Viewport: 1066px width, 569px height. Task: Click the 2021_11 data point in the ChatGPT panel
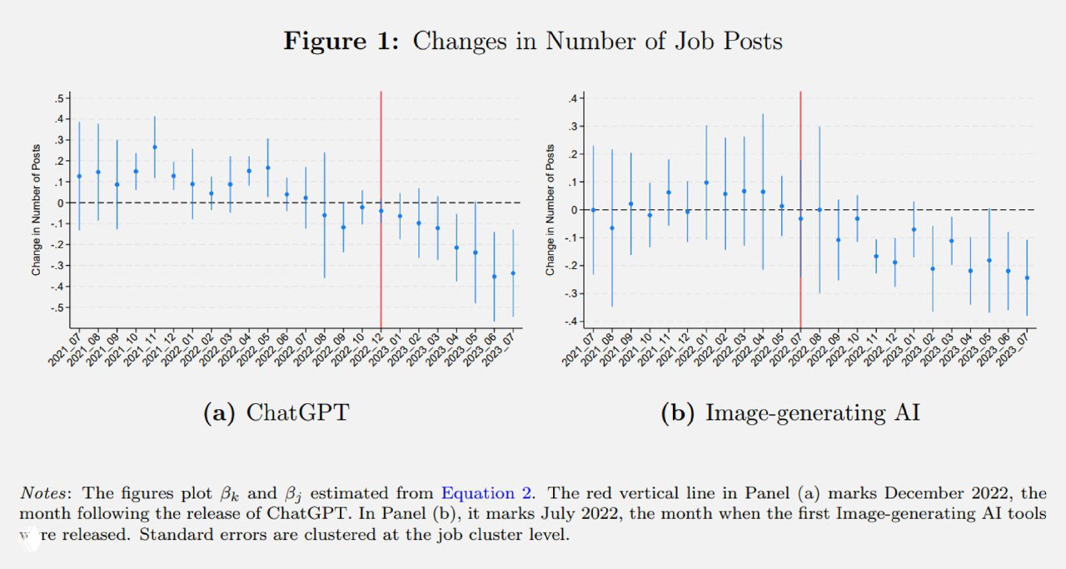(x=154, y=147)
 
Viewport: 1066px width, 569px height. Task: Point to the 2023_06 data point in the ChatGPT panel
(x=494, y=277)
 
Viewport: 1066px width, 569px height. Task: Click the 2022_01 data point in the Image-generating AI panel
(x=706, y=182)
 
